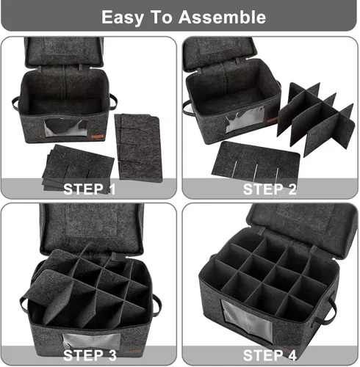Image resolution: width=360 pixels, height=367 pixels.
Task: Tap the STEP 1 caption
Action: click(x=90, y=189)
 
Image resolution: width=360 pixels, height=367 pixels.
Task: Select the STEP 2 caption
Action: click(x=270, y=189)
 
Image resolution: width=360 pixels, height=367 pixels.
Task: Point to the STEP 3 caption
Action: click(x=90, y=355)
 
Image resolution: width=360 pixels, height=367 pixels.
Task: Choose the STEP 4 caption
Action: click(x=270, y=355)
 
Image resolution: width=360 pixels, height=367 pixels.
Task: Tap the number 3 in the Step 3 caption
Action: click(x=112, y=355)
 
